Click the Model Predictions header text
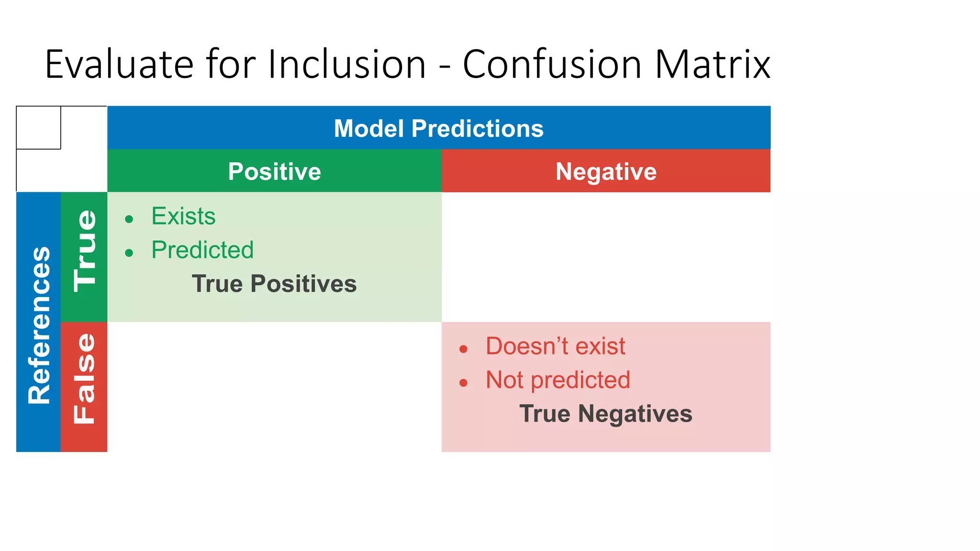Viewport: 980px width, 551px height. click(x=438, y=128)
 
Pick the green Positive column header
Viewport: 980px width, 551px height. click(x=274, y=171)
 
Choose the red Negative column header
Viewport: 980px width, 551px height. click(x=606, y=171)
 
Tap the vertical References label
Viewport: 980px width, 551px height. click(x=39, y=325)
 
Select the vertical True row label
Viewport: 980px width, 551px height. click(x=85, y=251)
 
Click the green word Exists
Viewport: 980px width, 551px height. click(x=183, y=216)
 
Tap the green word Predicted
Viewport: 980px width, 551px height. click(x=202, y=250)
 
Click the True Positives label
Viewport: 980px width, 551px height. click(x=274, y=284)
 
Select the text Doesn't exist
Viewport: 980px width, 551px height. click(x=555, y=346)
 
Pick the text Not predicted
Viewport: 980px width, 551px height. click(x=557, y=380)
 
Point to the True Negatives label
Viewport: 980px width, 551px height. click(x=606, y=414)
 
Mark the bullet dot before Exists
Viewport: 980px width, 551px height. click(x=129, y=220)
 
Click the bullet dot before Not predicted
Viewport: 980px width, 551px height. click(x=463, y=383)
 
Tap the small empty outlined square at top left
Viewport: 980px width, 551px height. click(x=38, y=128)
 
